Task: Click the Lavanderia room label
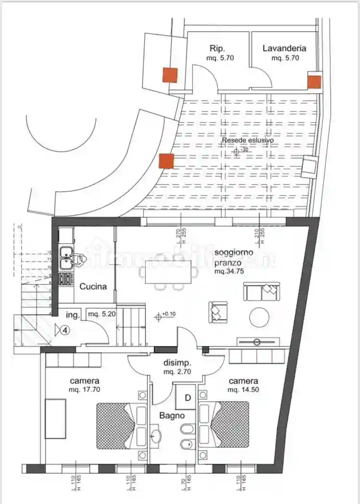(284, 48)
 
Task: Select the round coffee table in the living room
(259, 317)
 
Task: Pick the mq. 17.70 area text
(84, 390)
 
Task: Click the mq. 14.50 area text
(243, 390)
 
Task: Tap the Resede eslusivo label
(248, 140)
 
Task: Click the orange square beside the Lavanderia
(314, 82)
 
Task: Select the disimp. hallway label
(178, 363)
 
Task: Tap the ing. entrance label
(72, 315)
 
